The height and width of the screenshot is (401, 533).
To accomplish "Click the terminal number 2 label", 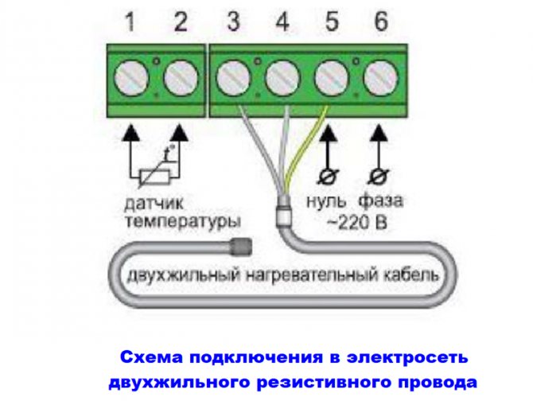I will point(181,21).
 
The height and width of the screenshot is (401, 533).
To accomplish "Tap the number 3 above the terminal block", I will point(232,21).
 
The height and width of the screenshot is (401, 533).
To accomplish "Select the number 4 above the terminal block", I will point(282,21).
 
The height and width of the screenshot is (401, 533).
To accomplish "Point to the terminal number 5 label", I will point(331,21).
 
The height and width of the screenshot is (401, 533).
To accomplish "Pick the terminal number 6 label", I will point(380,21).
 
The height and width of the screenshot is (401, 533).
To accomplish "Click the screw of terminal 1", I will point(131,80).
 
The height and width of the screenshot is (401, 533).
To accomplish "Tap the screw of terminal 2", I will point(181,80).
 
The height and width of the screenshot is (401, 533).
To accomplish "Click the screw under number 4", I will point(282,80).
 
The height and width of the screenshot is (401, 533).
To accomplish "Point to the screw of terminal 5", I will point(331,80).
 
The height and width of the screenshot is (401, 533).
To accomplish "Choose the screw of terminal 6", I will point(379,80).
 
